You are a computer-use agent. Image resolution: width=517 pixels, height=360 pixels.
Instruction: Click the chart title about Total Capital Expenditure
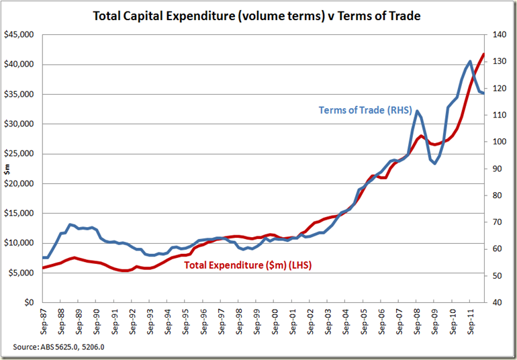tap(258, 15)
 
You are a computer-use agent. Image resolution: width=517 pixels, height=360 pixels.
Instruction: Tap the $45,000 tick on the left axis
tap(19, 35)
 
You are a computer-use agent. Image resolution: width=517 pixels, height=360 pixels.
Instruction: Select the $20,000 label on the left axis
tap(19, 183)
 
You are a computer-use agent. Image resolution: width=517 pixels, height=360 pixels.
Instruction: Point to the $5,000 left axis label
tap(21, 273)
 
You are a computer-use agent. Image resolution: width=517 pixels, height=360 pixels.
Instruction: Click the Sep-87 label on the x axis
tap(44, 322)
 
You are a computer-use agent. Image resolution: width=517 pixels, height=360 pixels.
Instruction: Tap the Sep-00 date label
tap(275, 322)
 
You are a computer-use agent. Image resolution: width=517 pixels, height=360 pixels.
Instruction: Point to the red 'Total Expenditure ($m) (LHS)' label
tap(248, 265)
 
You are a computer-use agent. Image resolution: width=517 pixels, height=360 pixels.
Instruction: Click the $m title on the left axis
tap(6, 169)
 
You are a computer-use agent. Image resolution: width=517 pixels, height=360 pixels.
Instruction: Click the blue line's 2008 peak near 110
tap(417, 111)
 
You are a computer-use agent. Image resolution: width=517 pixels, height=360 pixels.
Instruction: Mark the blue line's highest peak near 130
tap(470, 61)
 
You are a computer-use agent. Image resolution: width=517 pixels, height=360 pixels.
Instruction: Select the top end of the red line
tap(483, 54)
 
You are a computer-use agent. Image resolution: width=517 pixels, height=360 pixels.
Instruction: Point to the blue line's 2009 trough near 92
tap(435, 163)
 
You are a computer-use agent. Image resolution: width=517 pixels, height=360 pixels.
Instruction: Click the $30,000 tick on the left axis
tap(19, 124)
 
